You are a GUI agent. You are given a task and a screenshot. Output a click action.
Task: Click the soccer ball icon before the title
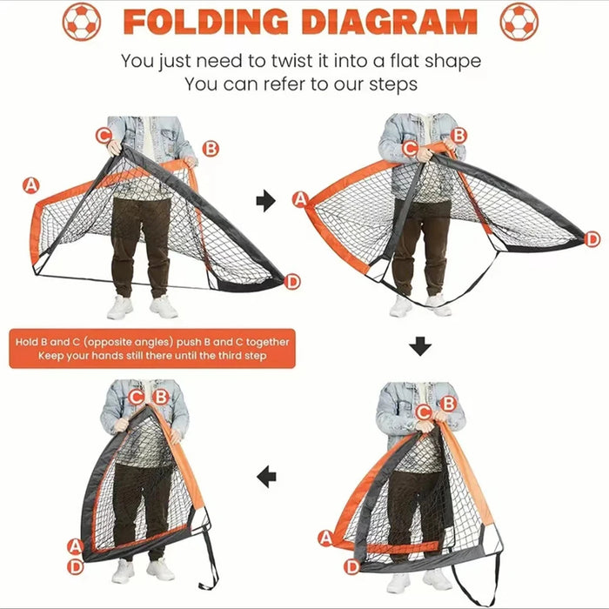pos(82,22)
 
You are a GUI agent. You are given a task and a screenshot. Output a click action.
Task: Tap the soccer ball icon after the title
pos(519,22)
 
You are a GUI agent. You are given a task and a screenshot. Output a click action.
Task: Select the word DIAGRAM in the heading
pos(391,22)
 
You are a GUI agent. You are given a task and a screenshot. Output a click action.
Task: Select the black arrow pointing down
pos(420,346)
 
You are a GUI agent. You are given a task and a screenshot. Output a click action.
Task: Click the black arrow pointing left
pos(267,476)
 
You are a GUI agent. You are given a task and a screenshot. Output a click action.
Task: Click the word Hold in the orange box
pos(27,342)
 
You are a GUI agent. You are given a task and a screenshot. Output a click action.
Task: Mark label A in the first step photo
pos(31,184)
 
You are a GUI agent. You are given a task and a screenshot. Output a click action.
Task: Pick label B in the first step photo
pos(211,148)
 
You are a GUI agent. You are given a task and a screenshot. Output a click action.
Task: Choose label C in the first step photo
pos(104,135)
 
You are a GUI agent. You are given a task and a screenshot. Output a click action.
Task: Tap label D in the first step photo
pos(292,280)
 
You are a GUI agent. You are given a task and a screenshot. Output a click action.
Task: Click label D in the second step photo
pos(592,238)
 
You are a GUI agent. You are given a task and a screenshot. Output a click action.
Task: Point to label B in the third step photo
pos(447,403)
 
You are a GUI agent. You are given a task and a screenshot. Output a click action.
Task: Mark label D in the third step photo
pos(351,567)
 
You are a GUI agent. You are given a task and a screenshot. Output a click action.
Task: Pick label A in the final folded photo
pos(76,547)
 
